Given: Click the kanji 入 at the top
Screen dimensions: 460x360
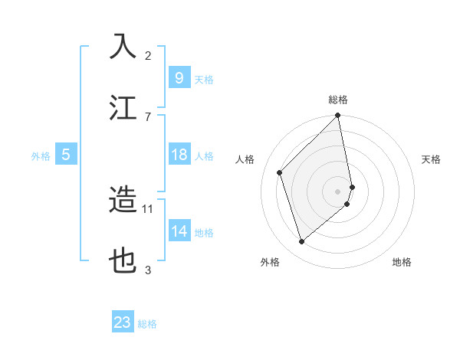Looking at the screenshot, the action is tap(123, 45).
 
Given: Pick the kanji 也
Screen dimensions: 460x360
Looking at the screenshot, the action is tap(123, 261).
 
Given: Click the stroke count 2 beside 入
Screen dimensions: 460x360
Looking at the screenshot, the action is tap(148, 55).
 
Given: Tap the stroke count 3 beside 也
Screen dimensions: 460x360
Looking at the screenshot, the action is tap(148, 270).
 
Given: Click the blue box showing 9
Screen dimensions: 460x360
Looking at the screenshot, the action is tap(179, 77).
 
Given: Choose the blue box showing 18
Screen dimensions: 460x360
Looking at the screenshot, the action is tap(179, 155).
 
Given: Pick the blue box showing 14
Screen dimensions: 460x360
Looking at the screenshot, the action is tap(179, 231).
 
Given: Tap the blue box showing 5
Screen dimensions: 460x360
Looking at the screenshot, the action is tap(66, 155).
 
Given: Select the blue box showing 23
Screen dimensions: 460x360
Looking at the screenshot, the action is tap(123, 322).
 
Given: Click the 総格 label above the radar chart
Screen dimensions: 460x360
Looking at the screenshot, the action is tap(338, 100).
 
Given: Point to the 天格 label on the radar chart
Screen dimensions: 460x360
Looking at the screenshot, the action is tap(432, 159).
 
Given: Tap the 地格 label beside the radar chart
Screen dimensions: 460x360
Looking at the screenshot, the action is tap(402, 262).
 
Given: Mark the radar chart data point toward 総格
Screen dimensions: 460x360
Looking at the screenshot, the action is tap(338, 116).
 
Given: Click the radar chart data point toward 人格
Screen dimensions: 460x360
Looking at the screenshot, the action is tap(280, 172).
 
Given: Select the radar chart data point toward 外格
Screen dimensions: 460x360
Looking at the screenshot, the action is tap(301, 242).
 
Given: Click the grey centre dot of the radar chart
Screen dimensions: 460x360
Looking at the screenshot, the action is tap(338, 191).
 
